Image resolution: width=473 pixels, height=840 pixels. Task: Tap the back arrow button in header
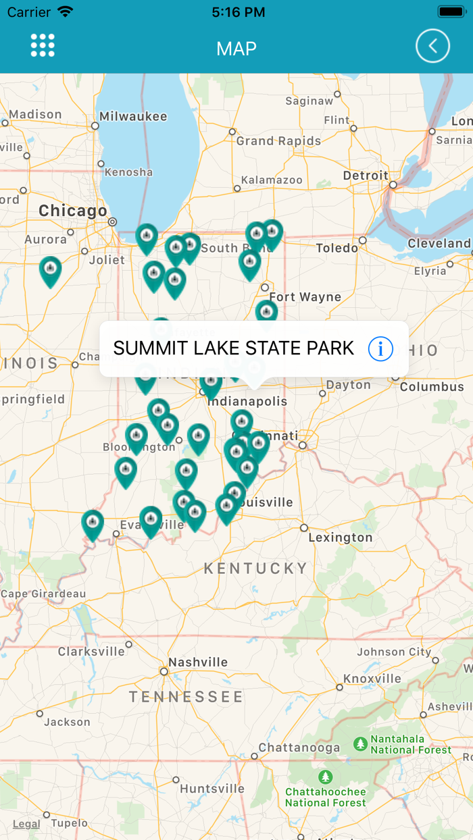pyautogui.click(x=432, y=46)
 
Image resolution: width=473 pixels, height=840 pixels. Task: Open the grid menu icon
pyautogui.click(x=43, y=45)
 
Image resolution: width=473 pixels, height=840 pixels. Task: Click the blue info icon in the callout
pyautogui.click(x=380, y=348)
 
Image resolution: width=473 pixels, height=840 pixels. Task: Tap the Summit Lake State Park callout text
pyautogui.click(x=233, y=348)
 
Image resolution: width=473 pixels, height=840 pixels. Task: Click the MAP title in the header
pyautogui.click(x=236, y=49)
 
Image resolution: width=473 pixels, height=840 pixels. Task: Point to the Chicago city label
pyautogui.click(x=73, y=211)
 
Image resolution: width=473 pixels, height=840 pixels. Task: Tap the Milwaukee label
pyautogui.click(x=133, y=116)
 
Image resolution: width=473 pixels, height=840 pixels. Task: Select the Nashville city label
pyautogui.click(x=198, y=662)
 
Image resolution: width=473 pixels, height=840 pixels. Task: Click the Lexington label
pyautogui.click(x=341, y=537)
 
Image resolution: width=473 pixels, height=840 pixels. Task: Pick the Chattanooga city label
pyautogui.click(x=299, y=748)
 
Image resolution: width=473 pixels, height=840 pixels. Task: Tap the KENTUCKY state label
pyautogui.click(x=255, y=569)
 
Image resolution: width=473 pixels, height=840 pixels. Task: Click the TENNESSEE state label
pyautogui.click(x=186, y=697)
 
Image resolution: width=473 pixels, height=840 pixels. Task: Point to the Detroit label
pyautogui.click(x=366, y=176)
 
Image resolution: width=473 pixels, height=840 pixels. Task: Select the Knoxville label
pyautogui.click(x=372, y=679)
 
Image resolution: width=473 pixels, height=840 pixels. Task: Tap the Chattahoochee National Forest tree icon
pyautogui.click(x=326, y=777)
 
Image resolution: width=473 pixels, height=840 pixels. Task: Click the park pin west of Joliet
pyautogui.click(x=50, y=271)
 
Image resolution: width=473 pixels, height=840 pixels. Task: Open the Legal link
pyautogui.click(x=26, y=824)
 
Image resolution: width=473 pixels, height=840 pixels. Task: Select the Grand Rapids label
pyautogui.click(x=278, y=141)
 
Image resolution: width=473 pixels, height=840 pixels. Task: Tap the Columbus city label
pyautogui.click(x=432, y=387)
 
